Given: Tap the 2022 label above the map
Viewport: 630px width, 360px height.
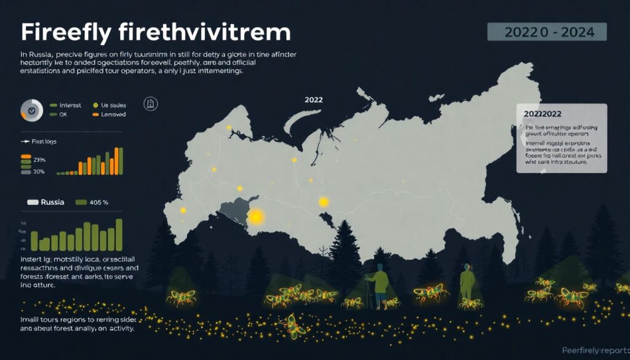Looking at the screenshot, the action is [x=314, y=100].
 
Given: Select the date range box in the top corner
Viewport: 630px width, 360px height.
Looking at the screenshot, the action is [x=547, y=32].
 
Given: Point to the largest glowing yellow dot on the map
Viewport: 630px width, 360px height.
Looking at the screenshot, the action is [x=256, y=217].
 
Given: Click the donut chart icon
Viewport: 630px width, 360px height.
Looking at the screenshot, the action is [x=31, y=110].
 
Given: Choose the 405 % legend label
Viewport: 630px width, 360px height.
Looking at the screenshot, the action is [x=99, y=202].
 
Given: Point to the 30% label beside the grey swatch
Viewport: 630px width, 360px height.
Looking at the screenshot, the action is [x=39, y=172].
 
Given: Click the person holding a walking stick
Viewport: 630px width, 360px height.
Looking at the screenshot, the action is [x=379, y=284].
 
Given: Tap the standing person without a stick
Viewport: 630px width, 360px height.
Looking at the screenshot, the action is [x=468, y=281].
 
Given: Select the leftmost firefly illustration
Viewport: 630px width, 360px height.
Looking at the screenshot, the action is [x=181, y=297].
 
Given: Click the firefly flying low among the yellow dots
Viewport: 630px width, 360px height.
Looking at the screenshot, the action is [x=292, y=322].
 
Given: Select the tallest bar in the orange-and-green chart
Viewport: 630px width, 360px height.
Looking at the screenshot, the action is [x=120, y=161].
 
